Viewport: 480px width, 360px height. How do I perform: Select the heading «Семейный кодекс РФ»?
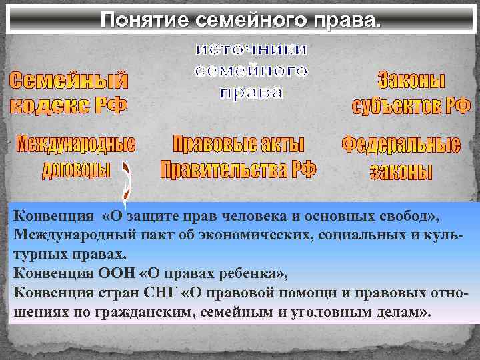(69, 93)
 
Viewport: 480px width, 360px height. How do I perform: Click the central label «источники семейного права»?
(251, 71)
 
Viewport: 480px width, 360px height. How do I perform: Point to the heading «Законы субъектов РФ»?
(411, 93)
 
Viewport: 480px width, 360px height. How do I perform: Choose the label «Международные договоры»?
(76, 156)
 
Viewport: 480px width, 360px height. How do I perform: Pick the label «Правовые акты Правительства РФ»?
(238, 156)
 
